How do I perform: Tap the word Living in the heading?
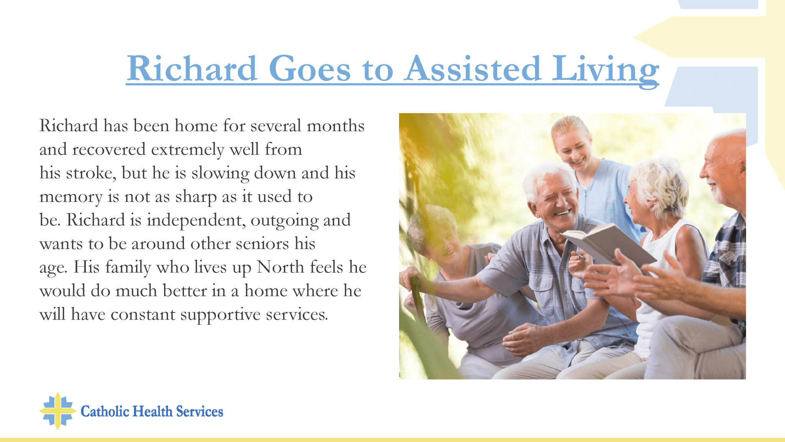pyautogui.click(x=605, y=71)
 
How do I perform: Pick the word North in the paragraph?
pyautogui.click(x=281, y=267)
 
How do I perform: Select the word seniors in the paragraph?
pyautogui.click(x=262, y=244)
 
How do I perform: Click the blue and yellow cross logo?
pyautogui.click(x=58, y=411)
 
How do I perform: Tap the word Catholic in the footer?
pyautogui.click(x=105, y=411)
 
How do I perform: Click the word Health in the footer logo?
pyautogui.click(x=153, y=411)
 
